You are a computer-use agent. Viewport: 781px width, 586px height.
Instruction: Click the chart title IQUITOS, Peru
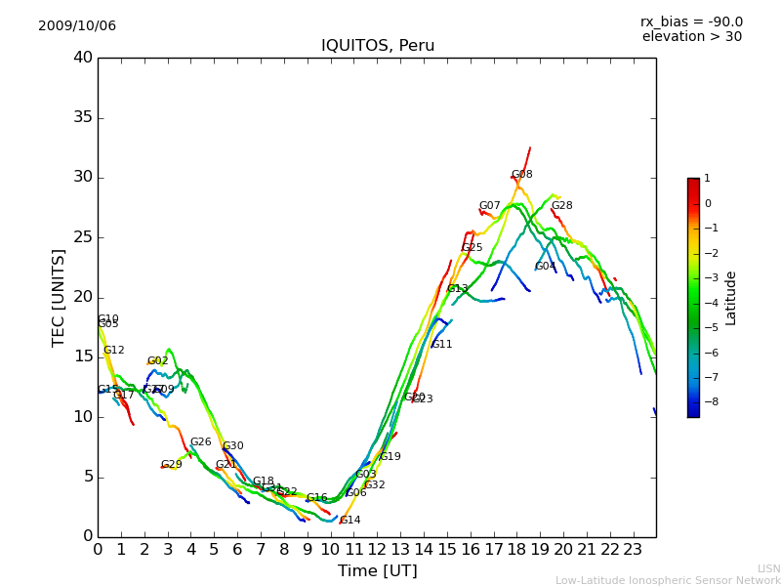(378, 46)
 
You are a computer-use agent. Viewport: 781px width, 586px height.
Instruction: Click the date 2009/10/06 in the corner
(77, 26)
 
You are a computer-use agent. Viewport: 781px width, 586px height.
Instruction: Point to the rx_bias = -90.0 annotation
(691, 22)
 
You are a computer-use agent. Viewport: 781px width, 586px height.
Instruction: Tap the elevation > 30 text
(691, 37)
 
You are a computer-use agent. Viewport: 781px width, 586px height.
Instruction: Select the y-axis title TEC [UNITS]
(59, 297)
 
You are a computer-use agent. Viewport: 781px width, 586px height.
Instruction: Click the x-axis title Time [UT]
(377, 571)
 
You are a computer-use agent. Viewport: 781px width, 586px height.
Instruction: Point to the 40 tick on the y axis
(82, 58)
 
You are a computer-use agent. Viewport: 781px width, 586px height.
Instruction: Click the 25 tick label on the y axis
(82, 237)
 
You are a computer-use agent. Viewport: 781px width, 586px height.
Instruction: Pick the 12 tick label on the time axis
(377, 550)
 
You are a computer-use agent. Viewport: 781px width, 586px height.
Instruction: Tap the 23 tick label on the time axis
(633, 550)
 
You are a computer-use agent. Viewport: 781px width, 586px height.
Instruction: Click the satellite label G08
(521, 175)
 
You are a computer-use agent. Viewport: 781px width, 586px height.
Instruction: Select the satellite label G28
(561, 206)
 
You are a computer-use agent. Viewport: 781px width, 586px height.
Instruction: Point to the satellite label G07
(489, 206)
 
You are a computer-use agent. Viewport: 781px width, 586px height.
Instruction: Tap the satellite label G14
(349, 521)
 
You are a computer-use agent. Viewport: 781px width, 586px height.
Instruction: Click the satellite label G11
(441, 345)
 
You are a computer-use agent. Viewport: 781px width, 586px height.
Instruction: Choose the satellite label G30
(232, 446)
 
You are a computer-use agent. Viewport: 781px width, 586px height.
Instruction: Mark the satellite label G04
(545, 267)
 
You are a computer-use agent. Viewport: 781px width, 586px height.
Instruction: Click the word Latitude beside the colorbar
(731, 298)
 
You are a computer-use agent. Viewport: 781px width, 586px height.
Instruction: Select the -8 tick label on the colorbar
(707, 401)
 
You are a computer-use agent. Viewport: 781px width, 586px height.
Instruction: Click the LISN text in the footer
(768, 568)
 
